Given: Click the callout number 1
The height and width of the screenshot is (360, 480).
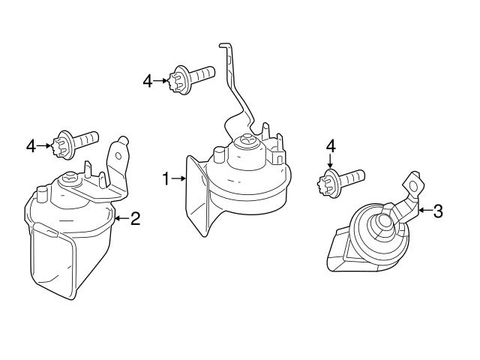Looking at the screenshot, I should pyautogui.click(x=166, y=178).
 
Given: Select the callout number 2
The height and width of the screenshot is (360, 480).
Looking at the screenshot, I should pyautogui.click(x=136, y=219).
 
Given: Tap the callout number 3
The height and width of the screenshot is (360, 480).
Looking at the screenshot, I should pyautogui.click(x=438, y=211).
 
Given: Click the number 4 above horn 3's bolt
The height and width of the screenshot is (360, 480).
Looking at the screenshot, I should pyautogui.click(x=330, y=146).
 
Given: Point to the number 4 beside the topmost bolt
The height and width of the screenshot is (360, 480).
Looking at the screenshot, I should pyautogui.click(x=148, y=79).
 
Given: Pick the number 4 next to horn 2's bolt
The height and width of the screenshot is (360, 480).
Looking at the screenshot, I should pyautogui.click(x=31, y=145).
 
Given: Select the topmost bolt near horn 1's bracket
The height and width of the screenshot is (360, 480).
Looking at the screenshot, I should pyautogui.click(x=193, y=76).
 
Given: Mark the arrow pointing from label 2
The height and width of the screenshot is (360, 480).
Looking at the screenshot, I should pyautogui.click(x=122, y=219).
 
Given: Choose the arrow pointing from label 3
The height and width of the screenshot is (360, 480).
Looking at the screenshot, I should pyautogui.click(x=424, y=211).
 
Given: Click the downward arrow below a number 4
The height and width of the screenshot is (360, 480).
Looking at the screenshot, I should pyautogui.click(x=330, y=163).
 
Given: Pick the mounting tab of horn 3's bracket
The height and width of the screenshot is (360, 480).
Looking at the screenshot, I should pyautogui.click(x=412, y=182).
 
